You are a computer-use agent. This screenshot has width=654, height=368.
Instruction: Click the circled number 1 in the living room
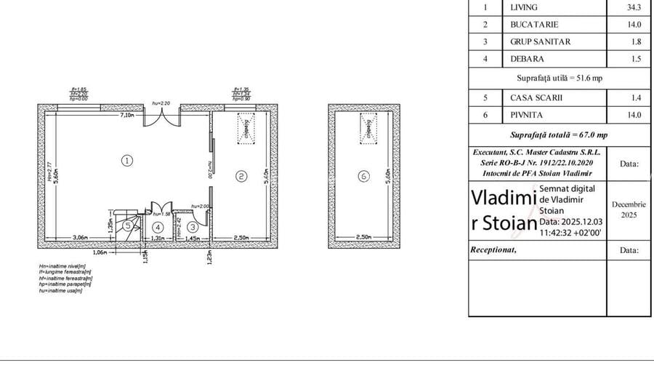coord(126,161)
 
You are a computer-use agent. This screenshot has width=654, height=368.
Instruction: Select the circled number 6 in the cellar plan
coord(364,175)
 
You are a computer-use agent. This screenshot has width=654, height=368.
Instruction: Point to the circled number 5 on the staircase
coord(128,226)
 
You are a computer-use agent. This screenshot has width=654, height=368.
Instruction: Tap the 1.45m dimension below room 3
coord(193,238)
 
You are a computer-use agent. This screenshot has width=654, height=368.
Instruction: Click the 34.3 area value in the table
coord(634,7)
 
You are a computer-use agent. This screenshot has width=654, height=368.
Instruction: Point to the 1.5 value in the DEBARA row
coord(634,59)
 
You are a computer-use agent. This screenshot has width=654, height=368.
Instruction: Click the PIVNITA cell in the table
coord(525,114)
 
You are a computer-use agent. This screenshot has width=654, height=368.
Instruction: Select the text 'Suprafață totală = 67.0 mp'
coord(559,135)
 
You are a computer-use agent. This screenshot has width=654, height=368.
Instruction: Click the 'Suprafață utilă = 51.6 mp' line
coord(558,77)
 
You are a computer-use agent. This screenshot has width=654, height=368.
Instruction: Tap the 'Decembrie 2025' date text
coord(629,210)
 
